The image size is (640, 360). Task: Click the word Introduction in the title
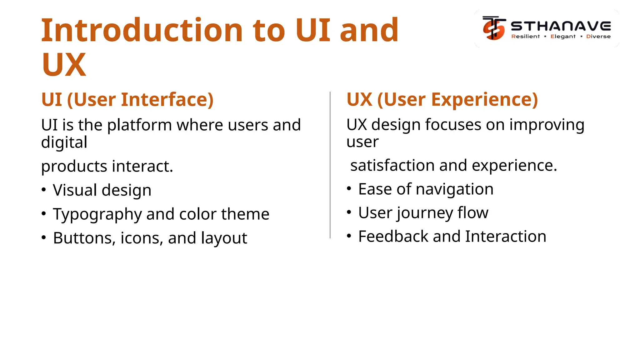pyautogui.click(x=142, y=30)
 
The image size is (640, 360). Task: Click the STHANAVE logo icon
pyautogui.click(x=494, y=28)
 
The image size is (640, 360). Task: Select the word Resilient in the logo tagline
pyautogui.click(x=525, y=37)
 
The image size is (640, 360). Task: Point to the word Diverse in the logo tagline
pyautogui.click(x=598, y=37)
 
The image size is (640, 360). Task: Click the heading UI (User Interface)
pyautogui.click(x=127, y=100)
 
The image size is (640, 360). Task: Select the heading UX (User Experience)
pyautogui.click(x=442, y=100)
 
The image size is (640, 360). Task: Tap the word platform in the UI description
pyautogui.click(x=139, y=125)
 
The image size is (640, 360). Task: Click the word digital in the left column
pyautogui.click(x=64, y=142)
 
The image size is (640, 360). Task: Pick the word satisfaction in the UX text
pyautogui.click(x=392, y=165)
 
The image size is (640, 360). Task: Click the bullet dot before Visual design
pyautogui.click(x=44, y=190)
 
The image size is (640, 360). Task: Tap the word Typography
pyautogui.click(x=97, y=214)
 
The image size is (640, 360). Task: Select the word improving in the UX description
pyautogui.click(x=547, y=125)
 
